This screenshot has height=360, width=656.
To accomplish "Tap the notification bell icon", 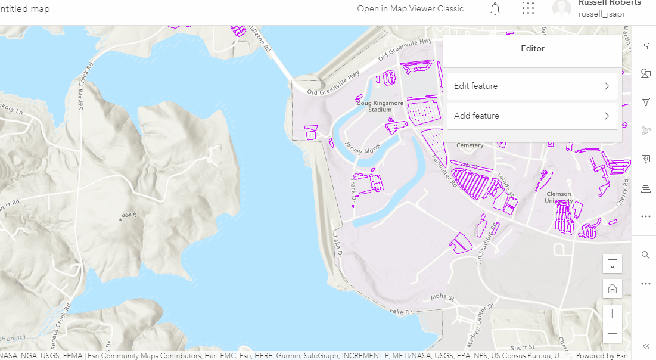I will coord(495,9).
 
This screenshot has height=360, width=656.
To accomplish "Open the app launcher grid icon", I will coord(528,9).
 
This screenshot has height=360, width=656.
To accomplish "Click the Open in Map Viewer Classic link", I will coord(410,9).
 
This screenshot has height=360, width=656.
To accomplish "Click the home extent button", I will coord(612,289).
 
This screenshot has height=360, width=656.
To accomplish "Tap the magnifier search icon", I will coord(645,255).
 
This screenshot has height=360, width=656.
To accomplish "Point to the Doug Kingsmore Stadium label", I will coord(380,106).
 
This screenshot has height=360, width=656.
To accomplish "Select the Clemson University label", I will coord(558,197).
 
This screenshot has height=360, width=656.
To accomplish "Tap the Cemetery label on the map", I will coord(470,145).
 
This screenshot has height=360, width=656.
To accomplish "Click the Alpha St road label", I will coord(443,297).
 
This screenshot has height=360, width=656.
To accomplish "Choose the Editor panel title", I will coord(533,49).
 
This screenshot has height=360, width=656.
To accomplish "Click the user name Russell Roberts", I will coord(610,3).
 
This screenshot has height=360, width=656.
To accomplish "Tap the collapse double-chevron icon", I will coord(646,346).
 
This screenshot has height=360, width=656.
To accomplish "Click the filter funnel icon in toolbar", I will coord(645,103).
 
